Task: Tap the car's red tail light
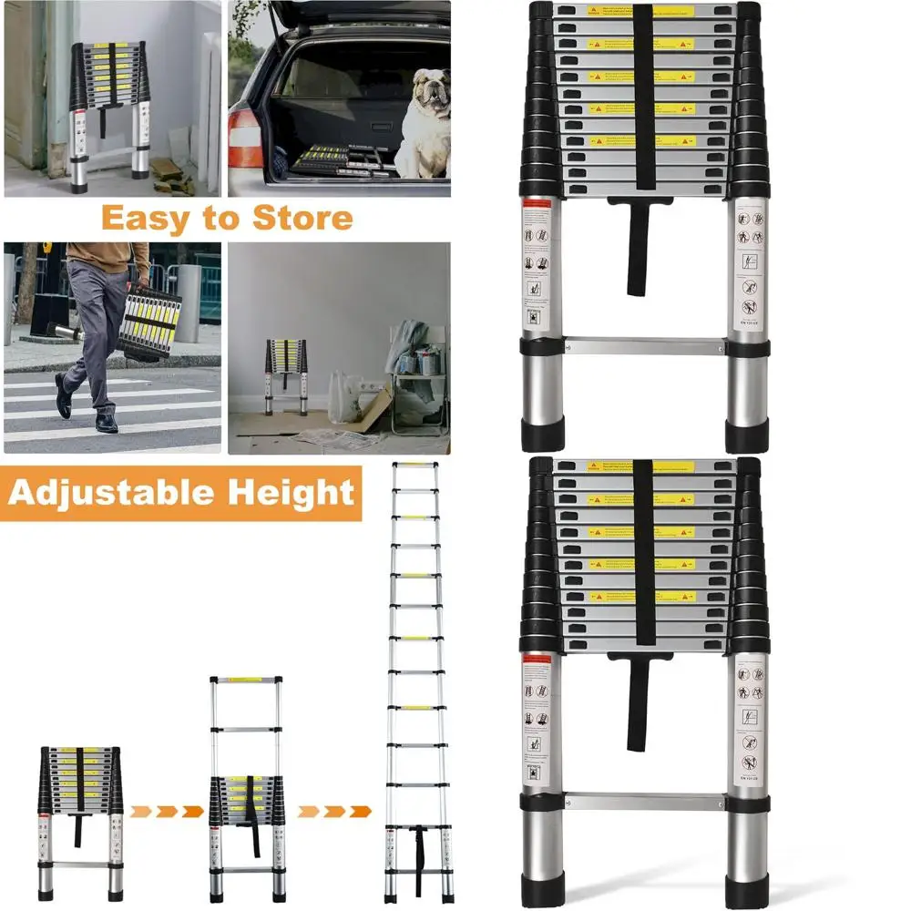tap(243, 137)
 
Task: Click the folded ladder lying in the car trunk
tap(333, 161)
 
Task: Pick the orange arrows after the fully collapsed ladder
tap(165, 811)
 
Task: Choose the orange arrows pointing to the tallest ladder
tap(334, 811)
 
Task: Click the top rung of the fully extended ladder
tap(416, 467)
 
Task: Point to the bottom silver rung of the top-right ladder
tap(645, 346)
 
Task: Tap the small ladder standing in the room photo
tap(286, 374)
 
